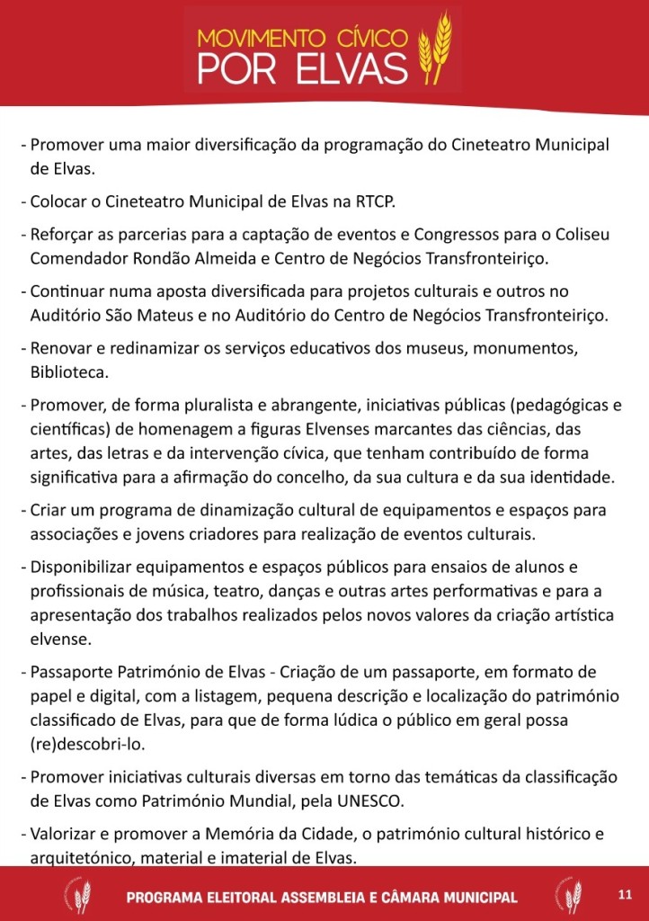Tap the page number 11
click(x=626, y=893)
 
